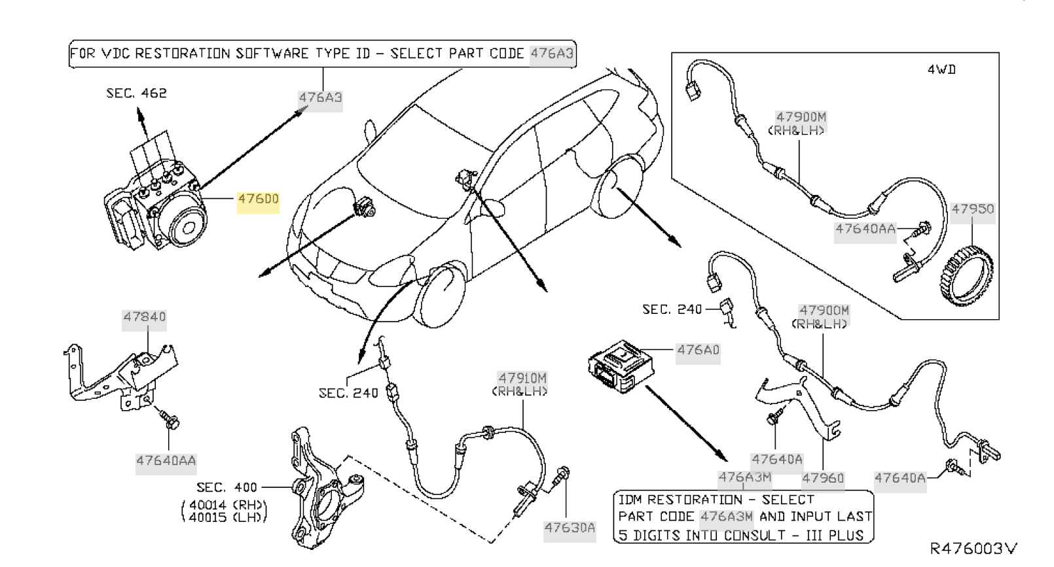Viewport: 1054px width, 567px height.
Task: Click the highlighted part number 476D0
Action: (258, 199)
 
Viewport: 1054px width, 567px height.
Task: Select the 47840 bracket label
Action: (145, 317)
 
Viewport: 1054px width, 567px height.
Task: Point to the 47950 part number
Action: (972, 209)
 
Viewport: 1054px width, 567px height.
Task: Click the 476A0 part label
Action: (698, 350)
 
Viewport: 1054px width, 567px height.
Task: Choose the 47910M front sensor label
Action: (522, 378)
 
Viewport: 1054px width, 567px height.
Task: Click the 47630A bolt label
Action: (570, 528)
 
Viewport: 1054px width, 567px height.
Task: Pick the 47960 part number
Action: (823, 478)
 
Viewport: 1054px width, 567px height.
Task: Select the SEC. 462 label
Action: (136, 94)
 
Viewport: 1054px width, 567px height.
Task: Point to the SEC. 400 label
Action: (220, 488)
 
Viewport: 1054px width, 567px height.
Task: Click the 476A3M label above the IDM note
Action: (745, 478)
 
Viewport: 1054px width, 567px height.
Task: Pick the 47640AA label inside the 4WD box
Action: (865, 230)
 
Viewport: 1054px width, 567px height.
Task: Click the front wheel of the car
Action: (441, 294)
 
